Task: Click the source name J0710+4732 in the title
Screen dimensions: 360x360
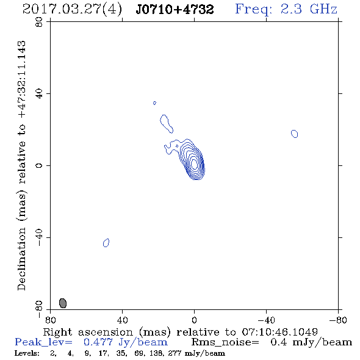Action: click(175, 9)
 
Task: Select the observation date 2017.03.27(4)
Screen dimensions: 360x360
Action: click(72, 10)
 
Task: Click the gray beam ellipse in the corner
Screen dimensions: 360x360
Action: click(63, 303)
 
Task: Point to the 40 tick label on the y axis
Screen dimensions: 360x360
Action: click(39, 94)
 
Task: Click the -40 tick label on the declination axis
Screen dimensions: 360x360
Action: click(39, 237)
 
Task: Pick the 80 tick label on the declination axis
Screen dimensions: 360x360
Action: click(39, 22)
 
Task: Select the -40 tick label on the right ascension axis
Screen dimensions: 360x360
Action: click(266, 320)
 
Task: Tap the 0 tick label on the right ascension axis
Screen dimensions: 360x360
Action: click(194, 320)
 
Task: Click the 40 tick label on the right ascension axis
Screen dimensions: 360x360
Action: click(122, 320)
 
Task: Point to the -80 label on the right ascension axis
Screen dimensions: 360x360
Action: click(338, 320)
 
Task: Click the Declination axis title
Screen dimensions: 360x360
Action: click(21, 165)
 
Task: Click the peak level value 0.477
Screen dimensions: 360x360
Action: click(98, 342)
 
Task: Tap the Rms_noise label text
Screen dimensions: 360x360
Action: click(225, 342)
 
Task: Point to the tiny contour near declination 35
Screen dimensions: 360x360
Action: click(154, 103)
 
